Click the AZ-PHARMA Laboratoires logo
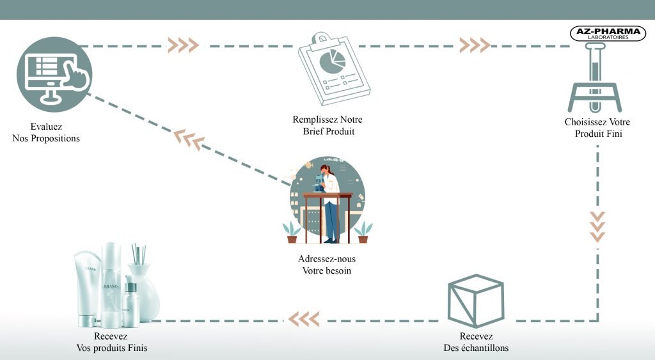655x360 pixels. [x=607, y=34]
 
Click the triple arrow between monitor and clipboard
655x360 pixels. [x=182, y=45]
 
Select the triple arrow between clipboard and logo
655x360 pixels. [x=475, y=45]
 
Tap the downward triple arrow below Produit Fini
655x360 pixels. [x=597, y=225]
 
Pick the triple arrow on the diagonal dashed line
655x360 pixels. [x=189, y=139]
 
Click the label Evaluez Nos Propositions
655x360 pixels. [x=46, y=132]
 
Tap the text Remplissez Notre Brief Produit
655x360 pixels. [x=328, y=125]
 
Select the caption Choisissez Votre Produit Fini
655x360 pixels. [x=597, y=128]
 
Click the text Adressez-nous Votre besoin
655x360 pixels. [x=327, y=265]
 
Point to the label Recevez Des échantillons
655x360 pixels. [x=475, y=342]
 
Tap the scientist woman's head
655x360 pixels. [x=327, y=171]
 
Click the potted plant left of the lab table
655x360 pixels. [x=292, y=231]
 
